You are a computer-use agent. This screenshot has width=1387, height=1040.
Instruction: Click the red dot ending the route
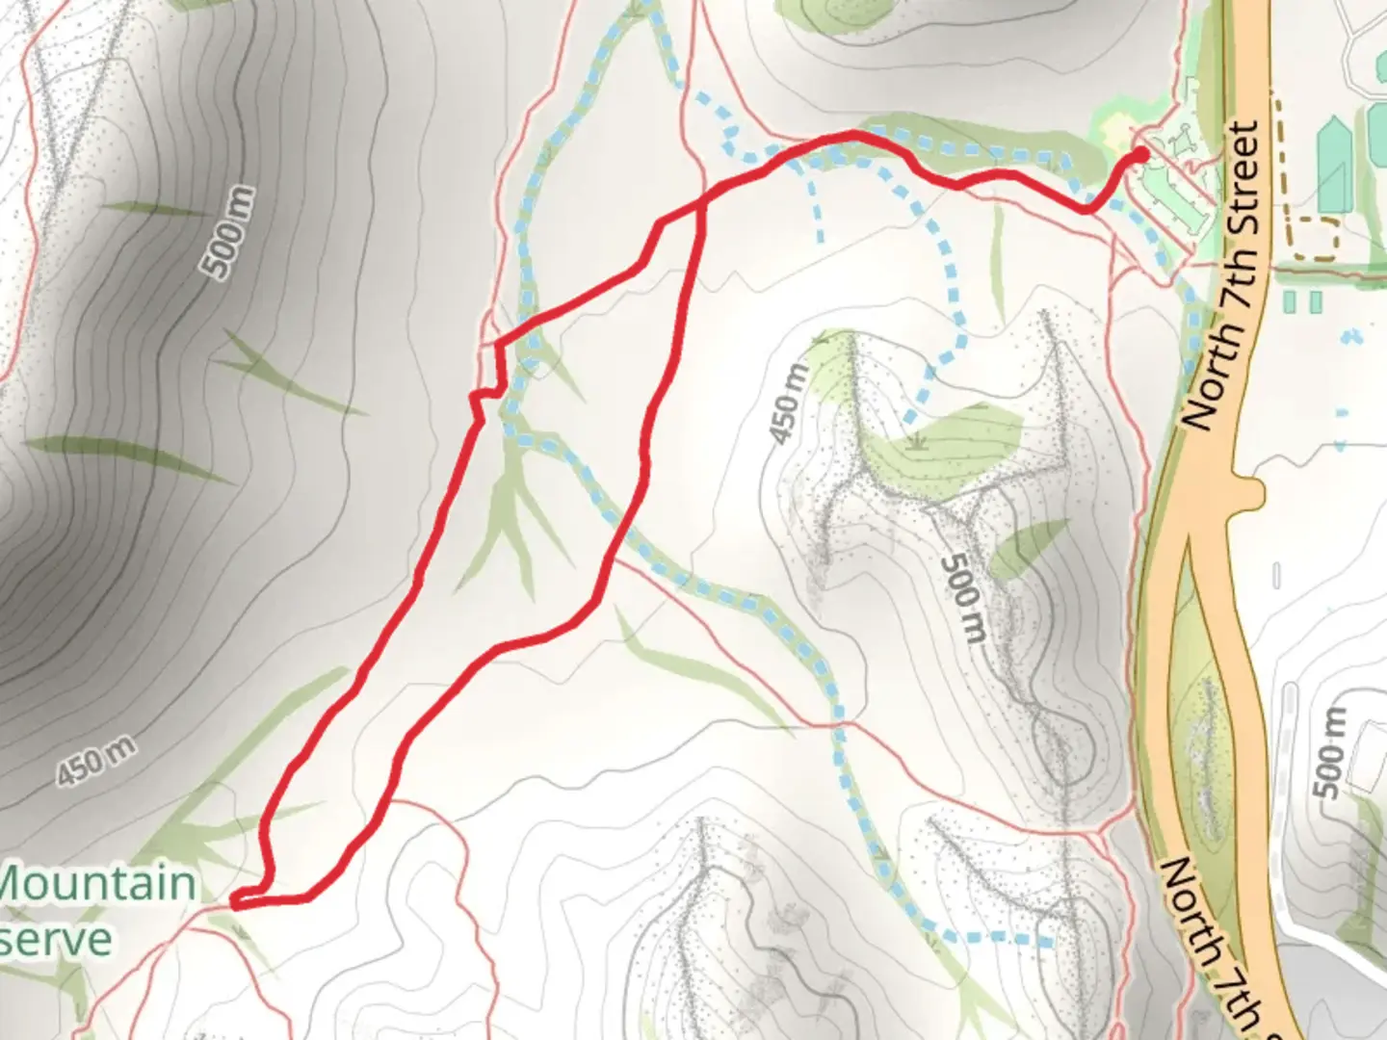[1141, 153]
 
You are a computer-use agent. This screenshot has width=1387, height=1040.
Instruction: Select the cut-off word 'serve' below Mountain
[55, 939]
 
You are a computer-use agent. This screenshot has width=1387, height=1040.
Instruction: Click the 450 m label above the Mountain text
[95, 760]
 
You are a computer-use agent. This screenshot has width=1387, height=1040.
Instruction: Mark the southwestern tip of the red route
[235, 902]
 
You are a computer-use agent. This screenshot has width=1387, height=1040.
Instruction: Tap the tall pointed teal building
[1334, 164]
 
